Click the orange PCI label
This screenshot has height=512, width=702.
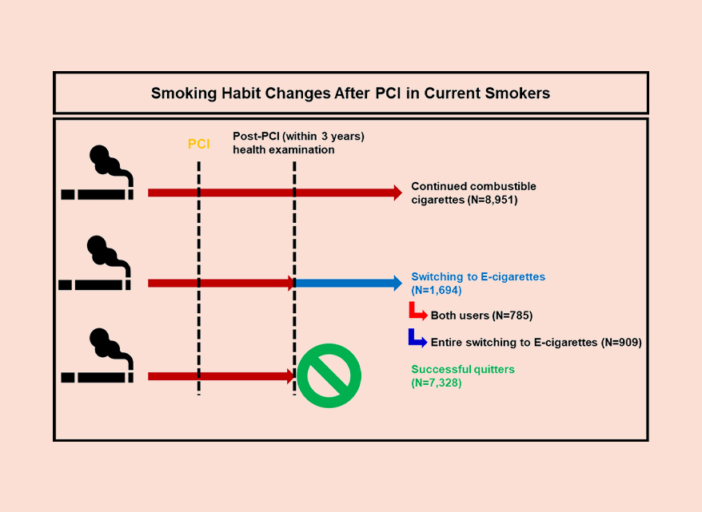coord(198,144)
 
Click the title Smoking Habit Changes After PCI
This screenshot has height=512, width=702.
coord(350,93)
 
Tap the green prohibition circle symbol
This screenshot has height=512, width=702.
coord(329,375)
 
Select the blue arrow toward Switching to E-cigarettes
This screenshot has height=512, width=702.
coord(349,282)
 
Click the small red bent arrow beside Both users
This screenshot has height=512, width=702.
coord(417,312)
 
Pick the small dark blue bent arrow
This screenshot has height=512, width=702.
coord(417,339)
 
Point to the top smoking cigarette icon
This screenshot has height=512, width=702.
coord(98,173)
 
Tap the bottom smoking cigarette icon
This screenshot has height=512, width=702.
coord(98,356)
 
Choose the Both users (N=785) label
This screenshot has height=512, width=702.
coord(481,316)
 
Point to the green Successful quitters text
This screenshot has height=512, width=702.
coord(463,369)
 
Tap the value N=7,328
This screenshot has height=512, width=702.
coord(437,383)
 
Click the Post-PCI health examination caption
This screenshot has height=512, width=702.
coord(297,143)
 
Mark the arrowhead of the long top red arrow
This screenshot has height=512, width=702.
coord(396,192)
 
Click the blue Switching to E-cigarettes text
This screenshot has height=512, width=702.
coord(478,276)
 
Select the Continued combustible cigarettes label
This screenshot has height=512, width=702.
coord(473,192)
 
